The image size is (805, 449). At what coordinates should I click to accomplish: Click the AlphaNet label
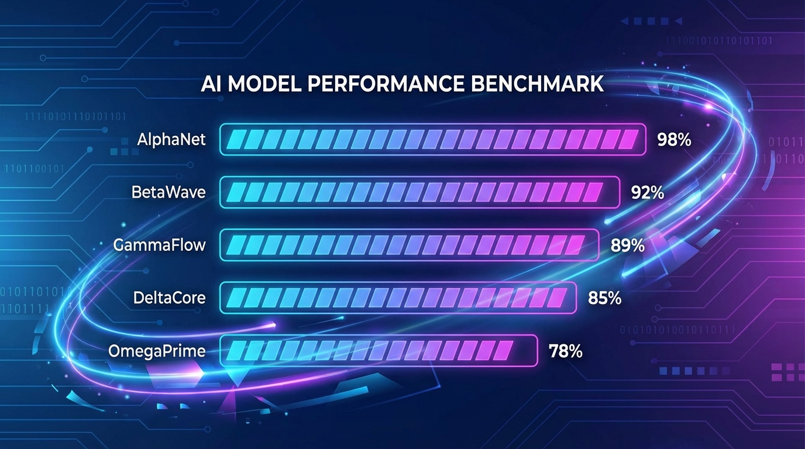[x=171, y=140]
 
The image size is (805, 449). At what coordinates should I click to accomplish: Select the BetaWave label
[x=168, y=192]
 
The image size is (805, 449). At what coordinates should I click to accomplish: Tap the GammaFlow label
[x=160, y=244]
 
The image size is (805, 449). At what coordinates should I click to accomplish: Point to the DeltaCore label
[x=169, y=297]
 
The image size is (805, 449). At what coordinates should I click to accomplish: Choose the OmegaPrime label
[x=157, y=351]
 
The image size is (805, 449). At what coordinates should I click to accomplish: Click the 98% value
[x=674, y=140]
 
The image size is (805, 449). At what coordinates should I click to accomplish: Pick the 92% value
[x=648, y=192]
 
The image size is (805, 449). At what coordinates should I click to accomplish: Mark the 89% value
[x=627, y=245]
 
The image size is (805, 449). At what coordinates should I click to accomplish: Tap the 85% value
[x=604, y=298]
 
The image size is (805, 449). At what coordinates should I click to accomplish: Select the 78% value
[x=565, y=351]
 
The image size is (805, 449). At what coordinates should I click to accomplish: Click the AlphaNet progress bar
[x=432, y=140]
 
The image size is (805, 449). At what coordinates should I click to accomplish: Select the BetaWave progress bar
[x=419, y=192]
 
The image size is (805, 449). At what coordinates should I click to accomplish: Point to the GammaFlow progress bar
[x=409, y=245]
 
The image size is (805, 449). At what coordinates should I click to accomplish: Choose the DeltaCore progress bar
[x=398, y=298]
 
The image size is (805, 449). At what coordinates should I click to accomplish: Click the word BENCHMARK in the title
[x=536, y=84]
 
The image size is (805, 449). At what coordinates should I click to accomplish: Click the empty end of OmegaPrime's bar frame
[x=524, y=351]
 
